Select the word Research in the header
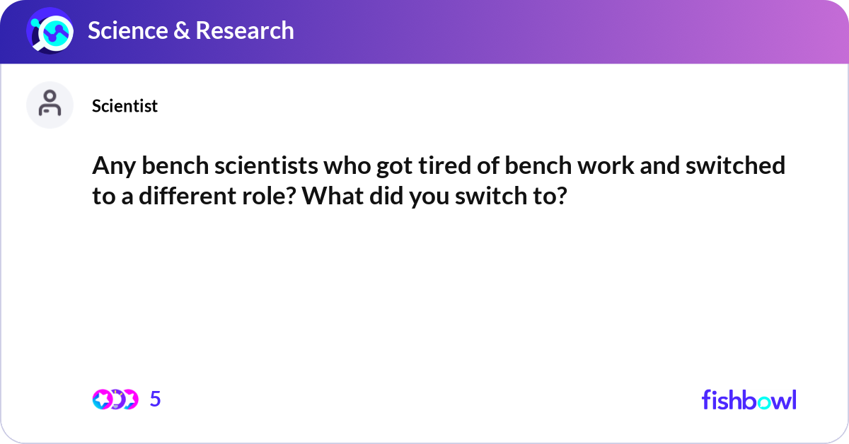click(244, 30)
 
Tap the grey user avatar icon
click(50, 105)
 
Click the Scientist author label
click(125, 106)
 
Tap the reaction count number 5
click(156, 399)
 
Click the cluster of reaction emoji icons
click(115, 399)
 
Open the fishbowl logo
click(749, 399)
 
